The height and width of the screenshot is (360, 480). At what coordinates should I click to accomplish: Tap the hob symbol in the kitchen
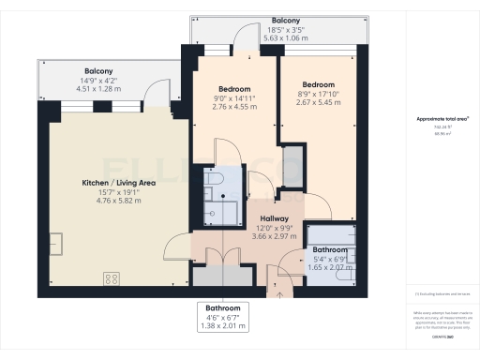tap(111, 277)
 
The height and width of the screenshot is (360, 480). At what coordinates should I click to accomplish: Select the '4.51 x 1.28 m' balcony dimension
tap(98, 90)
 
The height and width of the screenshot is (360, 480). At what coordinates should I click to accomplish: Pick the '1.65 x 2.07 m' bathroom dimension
tap(333, 267)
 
